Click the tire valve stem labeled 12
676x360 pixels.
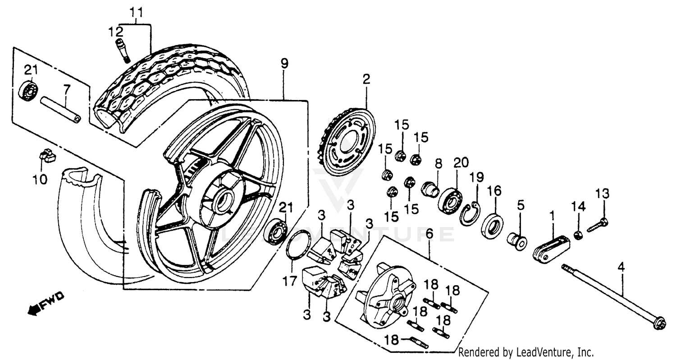click(x=121, y=50)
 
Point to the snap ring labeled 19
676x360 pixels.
click(x=470, y=214)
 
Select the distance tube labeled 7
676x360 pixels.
click(x=60, y=109)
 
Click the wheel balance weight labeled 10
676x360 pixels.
click(x=47, y=156)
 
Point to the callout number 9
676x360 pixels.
click(x=283, y=64)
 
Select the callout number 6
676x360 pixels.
click(x=429, y=233)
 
